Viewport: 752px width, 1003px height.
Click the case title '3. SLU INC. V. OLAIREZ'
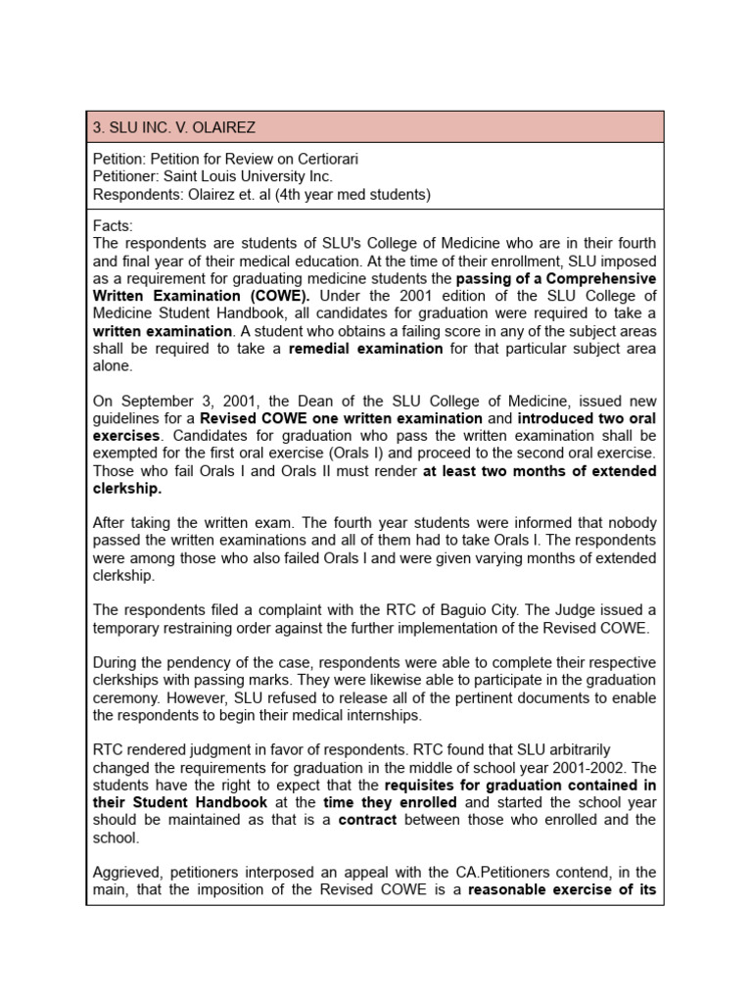tap(174, 127)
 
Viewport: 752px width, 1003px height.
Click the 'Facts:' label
tap(113, 225)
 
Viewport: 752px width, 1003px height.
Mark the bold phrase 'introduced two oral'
tap(584, 418)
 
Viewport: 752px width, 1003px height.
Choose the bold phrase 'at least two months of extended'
tap(540, 471)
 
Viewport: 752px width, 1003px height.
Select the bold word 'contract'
tap(367, 820)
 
